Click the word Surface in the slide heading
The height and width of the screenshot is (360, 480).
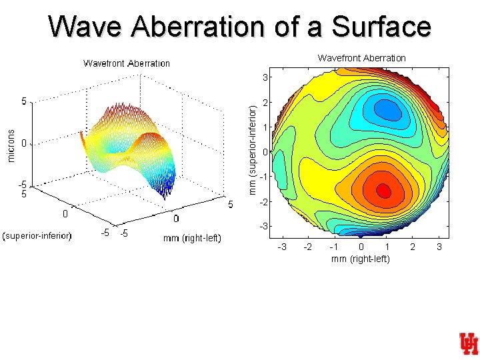coord(381,27)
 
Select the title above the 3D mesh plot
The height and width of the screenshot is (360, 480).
coord(126,63)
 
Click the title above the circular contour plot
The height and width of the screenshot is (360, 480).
coord(361,58)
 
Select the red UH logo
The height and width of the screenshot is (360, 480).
coord(468,344)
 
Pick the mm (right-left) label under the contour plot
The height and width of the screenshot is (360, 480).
coord(361,259)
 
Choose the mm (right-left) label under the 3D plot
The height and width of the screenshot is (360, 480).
coord(192,238)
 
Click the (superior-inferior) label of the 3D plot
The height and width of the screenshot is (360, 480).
coord(37,235)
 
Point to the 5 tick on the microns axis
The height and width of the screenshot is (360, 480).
coord(24,102)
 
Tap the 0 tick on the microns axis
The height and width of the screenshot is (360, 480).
coord(24,143)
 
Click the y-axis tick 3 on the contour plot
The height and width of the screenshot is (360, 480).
coord(265,78)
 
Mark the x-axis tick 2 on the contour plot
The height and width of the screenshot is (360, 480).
coord(413,247)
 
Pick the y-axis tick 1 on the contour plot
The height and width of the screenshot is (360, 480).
coord(265,127)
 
